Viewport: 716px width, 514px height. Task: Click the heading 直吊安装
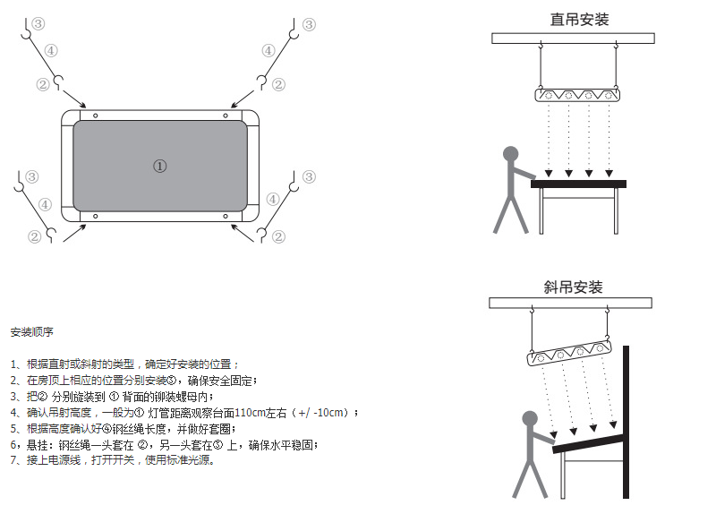pyautogui.click(x=579, y=19)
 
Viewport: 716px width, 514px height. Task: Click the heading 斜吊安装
pyautogui.click(x=573, y=287)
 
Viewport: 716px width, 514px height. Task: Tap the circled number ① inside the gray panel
pyautogui.click(x=159, y=166)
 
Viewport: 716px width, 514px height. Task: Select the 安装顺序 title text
pyautogui.click(x=33, y=332)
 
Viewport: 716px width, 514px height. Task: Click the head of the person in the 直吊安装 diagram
pyautogui.click(x=511, y=154)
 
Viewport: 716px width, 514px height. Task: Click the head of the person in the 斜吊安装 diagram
pyautogui.click(x=530, y=418)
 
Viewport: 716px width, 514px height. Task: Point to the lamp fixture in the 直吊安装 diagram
pyautogui.click(x=575, y=94)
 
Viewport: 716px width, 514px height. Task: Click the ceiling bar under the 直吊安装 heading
pyautogui.click(x=578, y=38)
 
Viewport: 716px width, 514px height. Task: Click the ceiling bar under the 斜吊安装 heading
pyautogui.click(x=573, y=303)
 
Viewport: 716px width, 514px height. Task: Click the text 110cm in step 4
pyautogui.click(x=251, y=413)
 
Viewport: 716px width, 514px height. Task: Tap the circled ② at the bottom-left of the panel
pyautogui.click(x=35, y=236)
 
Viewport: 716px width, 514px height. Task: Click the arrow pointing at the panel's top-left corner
pyautogui.click(x=77, y=101)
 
